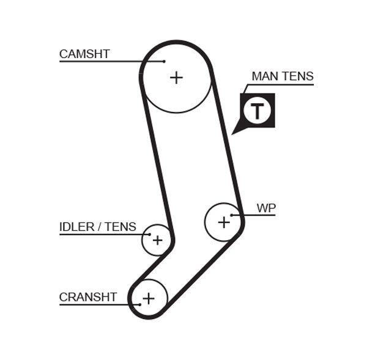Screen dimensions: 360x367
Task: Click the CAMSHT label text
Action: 84,54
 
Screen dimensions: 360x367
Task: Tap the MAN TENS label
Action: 282,76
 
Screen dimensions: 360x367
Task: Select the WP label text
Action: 266,208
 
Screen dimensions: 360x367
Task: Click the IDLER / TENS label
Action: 98,227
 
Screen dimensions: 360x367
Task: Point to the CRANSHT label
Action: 88,297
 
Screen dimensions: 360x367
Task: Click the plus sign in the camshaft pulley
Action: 176,77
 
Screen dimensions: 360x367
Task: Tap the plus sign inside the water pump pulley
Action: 224,222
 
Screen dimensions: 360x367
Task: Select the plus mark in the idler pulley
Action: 158,240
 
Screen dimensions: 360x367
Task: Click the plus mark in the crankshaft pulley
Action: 149,298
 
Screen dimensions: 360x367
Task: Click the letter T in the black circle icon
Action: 258,111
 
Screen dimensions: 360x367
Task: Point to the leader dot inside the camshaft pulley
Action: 165,61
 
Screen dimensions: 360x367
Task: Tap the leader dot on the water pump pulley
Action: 232,215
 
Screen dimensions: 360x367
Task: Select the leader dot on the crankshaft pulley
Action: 139,304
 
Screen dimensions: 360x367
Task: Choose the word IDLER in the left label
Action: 77,227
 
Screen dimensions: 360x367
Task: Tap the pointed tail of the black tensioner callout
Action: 234,132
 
